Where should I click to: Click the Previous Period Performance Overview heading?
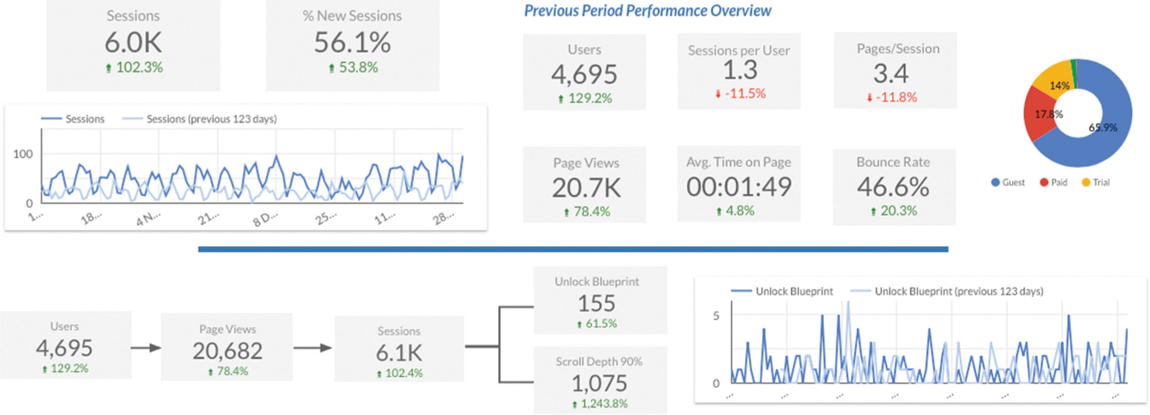coord(647,11)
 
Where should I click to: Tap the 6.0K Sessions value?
coord(133,42)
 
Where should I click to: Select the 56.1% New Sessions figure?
coord(352,42)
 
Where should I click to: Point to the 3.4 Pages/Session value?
coord(891,73)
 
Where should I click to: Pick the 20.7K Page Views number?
coord(586,188)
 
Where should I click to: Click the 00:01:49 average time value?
coord(739,187)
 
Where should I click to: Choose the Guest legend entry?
coord(1008,182)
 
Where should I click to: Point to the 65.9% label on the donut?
coord(1103,127)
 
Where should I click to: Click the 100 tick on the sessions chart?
coord(23,154)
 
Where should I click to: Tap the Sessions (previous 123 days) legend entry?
coord(211,119)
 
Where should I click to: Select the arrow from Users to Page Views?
coord(146,348)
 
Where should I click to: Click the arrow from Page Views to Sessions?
coord(312,348)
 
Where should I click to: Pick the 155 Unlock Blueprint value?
coord(596,303)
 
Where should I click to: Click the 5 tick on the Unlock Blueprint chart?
coord(716,315)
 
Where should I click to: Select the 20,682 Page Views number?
coord(227,351)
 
